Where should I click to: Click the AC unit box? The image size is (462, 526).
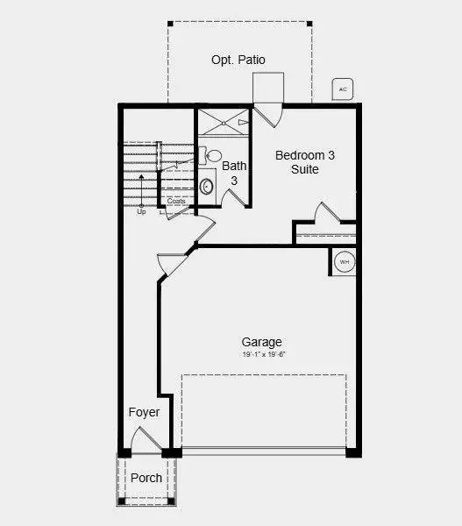coord(343,89)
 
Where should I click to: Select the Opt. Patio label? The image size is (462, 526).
coord(238,60)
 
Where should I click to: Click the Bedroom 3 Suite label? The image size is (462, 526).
coord(305,162)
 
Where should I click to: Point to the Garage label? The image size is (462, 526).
coord(263,342)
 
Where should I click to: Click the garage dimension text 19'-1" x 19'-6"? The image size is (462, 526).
coord(264,355)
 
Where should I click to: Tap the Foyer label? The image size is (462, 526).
coord(143,412)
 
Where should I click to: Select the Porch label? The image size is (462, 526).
coord(146,479)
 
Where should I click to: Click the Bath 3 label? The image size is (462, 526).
coord(234,173)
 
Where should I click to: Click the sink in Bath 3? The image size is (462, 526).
coord(207,186)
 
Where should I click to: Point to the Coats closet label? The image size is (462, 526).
coord(176,202)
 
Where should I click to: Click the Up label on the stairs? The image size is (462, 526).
coord(141,211)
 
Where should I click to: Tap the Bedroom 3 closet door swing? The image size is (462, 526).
coord(326,213)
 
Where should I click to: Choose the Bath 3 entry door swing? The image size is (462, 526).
coord(231,197)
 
